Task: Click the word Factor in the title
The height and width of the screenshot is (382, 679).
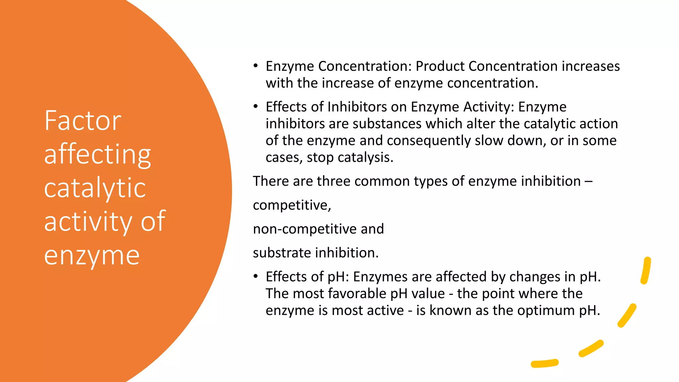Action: coord(83,121)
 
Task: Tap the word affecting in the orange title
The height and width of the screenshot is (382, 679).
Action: coord(97,155)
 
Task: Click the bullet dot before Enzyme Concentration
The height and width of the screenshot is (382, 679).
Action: coord(255,66)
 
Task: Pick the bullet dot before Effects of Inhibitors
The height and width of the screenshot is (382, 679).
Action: coord(255,106)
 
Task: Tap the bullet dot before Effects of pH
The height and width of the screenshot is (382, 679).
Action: coord(255,276)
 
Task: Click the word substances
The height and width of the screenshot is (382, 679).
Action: coord(387,124)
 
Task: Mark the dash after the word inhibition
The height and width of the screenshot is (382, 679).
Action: coord(588,181)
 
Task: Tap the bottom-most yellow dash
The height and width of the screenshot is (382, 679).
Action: coord(544,363)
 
